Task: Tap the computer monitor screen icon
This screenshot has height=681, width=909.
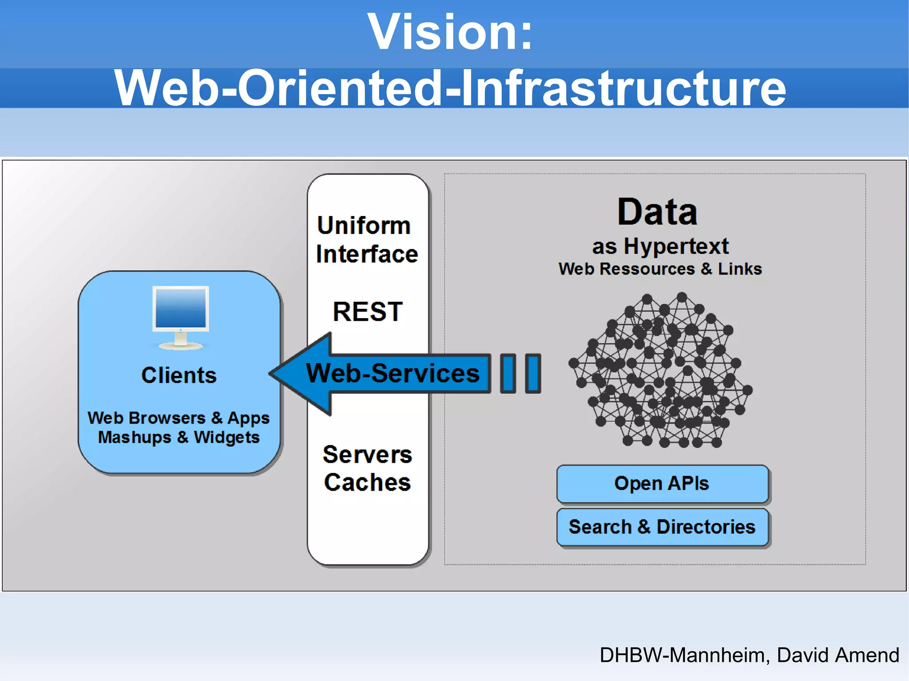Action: tap(180, 308)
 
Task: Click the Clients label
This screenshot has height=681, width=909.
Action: tap(179, 375)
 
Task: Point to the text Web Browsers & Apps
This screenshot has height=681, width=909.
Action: tap(178, 418)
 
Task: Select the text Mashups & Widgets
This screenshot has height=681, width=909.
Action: tap(178, 437)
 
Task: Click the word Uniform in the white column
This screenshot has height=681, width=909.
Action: tap(364, 226)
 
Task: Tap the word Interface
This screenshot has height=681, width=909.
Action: tap(367, 254)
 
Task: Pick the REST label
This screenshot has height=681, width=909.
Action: tap(368, 311)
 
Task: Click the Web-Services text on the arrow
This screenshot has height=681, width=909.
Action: tap(393, 373)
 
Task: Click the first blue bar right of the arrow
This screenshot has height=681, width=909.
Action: tap(508, 374)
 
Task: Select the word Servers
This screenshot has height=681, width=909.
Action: tap(367, 455)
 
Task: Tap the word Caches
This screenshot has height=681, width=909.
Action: tap(367, 483)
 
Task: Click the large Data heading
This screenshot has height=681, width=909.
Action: tap(657, 212)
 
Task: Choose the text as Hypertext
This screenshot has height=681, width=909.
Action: tap(660, 246)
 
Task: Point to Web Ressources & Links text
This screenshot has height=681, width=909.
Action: tap(660, 269)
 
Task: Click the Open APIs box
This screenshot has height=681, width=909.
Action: tap(662, 484)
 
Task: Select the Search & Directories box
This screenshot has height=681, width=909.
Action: tap(662, 527)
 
